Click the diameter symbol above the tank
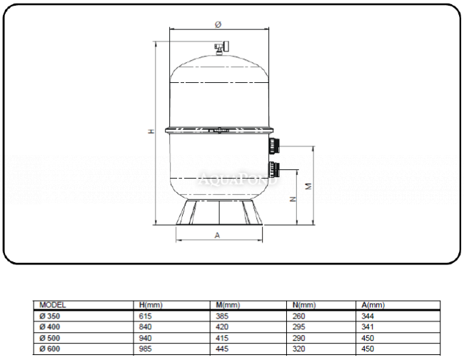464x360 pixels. [x=218, y=24]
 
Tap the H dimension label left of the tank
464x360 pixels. [x=151, y=131]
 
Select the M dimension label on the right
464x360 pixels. [x=308, y=186]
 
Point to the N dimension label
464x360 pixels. [x=293, y=199]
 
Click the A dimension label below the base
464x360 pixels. [x=217, y=236]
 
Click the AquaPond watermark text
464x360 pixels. [x=238, y=179]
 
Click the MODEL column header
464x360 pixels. [x=52, y=305]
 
